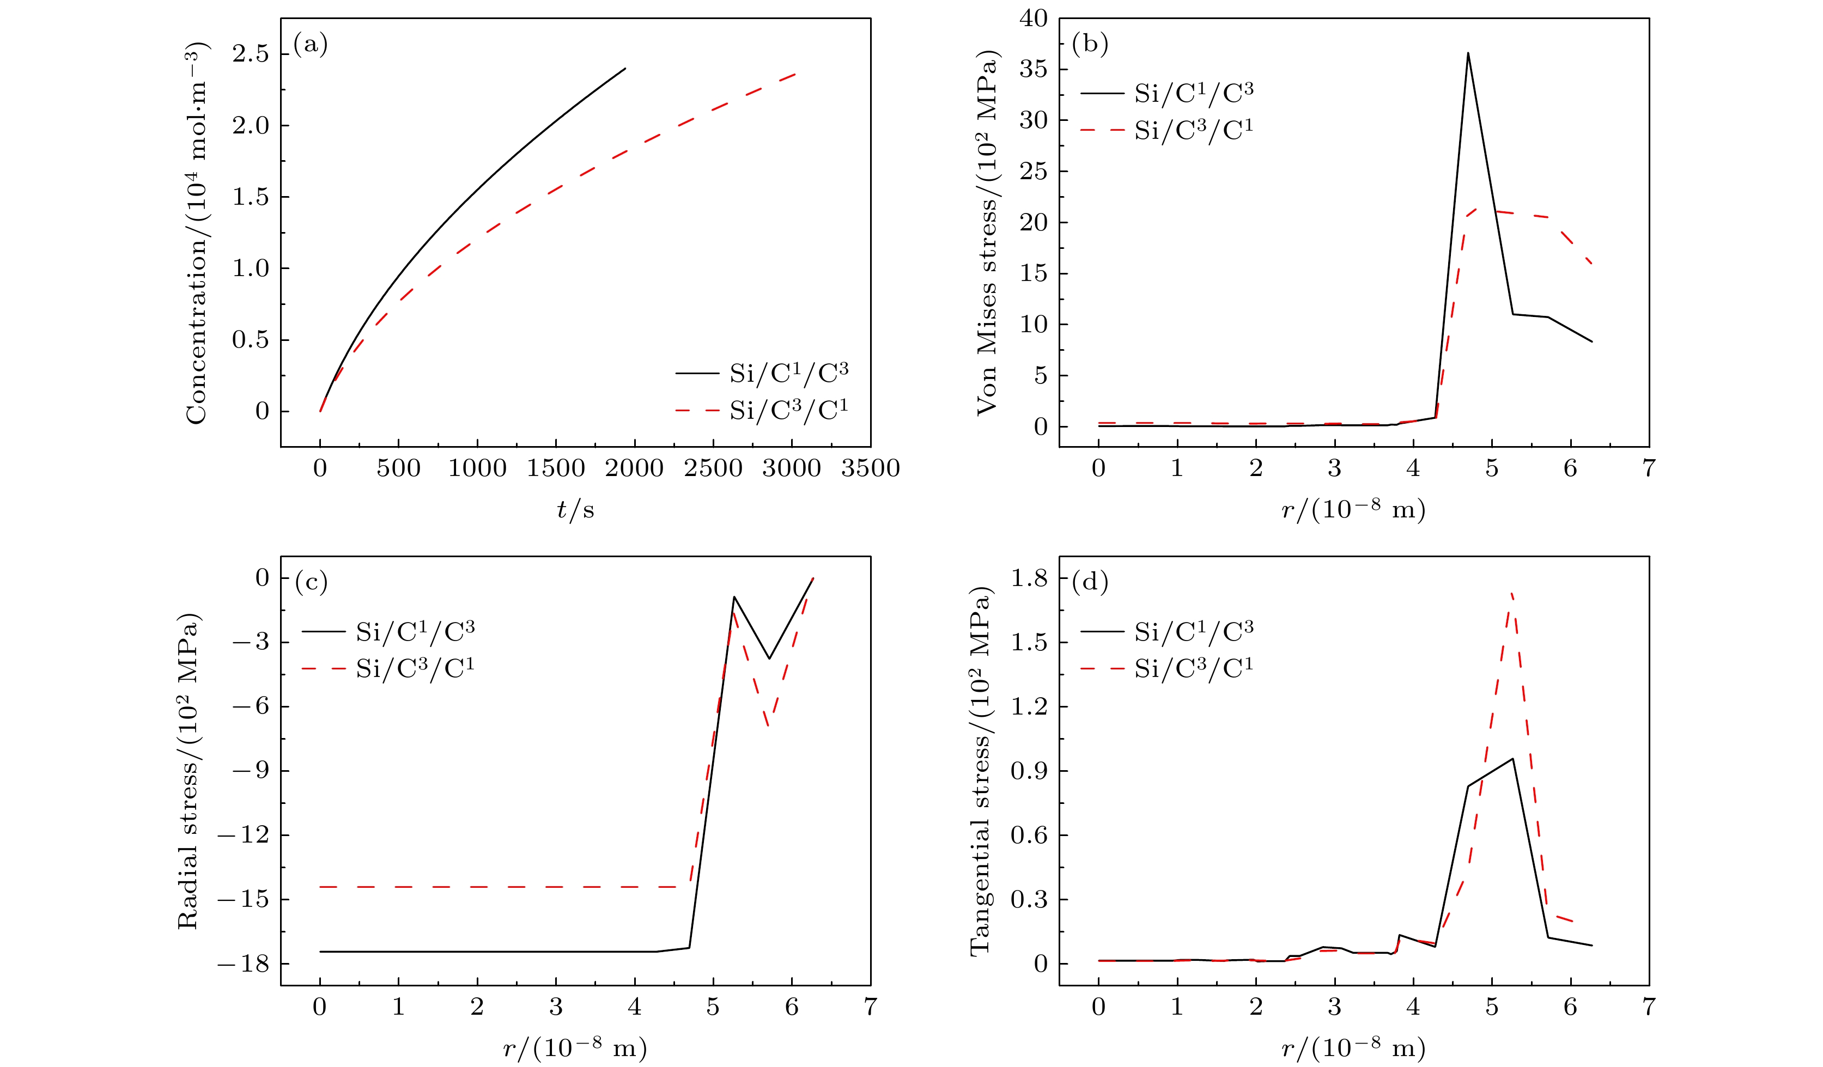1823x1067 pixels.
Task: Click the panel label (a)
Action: pos(311,45)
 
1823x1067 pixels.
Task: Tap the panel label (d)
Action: pos(1090,582)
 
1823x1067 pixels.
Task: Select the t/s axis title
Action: pos(575,510)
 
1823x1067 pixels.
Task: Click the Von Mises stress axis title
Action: pos(987,233)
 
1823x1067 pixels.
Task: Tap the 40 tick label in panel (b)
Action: pos(1033,19)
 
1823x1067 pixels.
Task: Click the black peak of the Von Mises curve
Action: pos(1468,53)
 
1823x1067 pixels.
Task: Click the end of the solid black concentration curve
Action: pos(625,69)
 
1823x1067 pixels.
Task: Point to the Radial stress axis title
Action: pos(188,771)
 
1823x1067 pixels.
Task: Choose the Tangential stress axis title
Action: pos(980,771)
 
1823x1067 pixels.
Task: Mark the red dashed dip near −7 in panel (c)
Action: pos(768,725)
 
